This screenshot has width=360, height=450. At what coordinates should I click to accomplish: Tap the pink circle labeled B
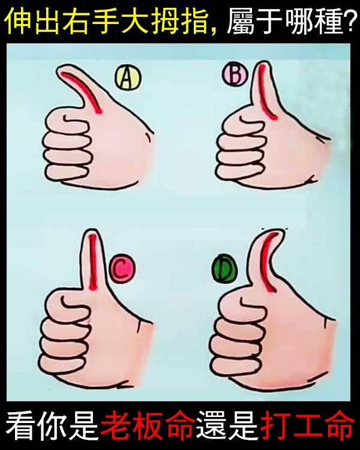[x=235, y=74]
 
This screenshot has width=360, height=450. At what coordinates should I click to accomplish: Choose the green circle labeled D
[x=225, y=269]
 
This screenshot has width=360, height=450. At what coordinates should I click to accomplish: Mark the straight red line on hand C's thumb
[x=93, y=262]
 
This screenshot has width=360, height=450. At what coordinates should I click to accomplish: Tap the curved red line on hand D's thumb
[x=266, y=258]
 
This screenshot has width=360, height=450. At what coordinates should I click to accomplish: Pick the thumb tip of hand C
[x=92, y=230]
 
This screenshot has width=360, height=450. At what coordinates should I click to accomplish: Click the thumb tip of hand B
[x=263, y=62]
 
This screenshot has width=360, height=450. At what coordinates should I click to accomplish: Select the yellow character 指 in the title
[x=194, y=21]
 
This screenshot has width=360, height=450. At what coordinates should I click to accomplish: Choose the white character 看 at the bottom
[x=20, y=425]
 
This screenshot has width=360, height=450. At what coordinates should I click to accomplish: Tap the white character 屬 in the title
[x=241, y=21]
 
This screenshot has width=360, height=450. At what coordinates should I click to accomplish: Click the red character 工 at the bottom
[x=307, y=425]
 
